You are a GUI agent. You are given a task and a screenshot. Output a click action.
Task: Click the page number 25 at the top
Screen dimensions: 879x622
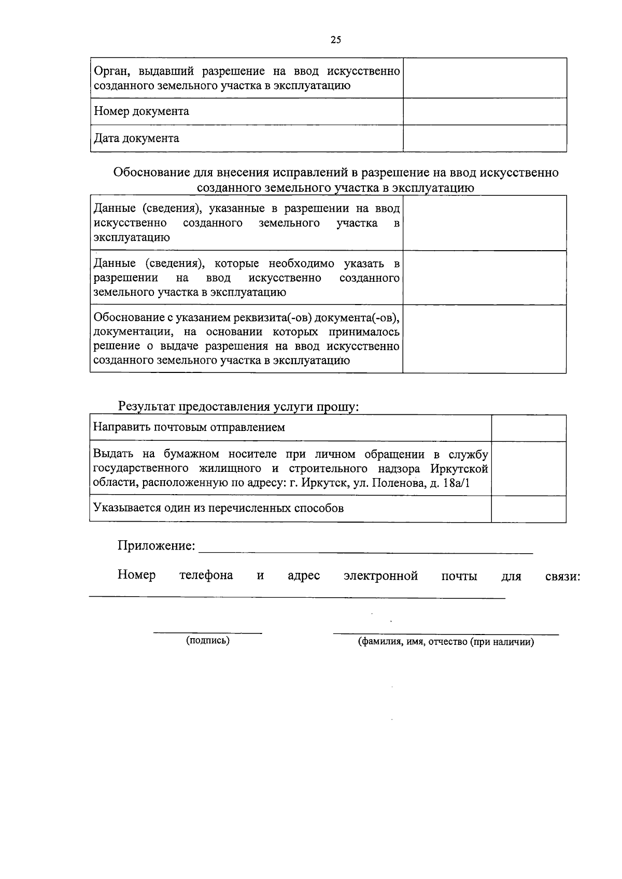pos(335,40)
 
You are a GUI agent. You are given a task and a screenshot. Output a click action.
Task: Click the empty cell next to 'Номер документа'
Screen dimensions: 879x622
pos(485,111)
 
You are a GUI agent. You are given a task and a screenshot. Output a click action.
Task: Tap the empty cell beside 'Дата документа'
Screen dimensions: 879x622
pos(485,138)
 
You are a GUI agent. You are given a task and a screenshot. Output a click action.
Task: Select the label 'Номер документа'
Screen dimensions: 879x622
pos(141,111)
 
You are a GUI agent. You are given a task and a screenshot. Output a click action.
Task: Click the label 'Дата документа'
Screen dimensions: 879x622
pos(136,138)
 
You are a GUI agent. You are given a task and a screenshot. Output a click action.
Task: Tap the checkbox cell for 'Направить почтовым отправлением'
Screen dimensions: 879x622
pos(528,428)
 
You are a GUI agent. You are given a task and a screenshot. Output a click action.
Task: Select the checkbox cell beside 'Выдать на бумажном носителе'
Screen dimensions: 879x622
pos(528,468)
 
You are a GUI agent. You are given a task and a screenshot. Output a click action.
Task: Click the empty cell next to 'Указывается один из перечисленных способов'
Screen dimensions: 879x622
pos(528,509)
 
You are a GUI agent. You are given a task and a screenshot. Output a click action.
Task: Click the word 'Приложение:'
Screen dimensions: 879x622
pos(157,546)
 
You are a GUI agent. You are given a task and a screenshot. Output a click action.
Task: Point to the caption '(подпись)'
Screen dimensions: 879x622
pos(208,641)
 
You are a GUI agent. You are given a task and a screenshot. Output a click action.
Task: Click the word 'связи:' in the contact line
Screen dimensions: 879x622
pos(562,577)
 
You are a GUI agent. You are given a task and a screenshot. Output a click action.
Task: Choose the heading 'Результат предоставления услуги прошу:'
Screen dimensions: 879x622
pos(238,407)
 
